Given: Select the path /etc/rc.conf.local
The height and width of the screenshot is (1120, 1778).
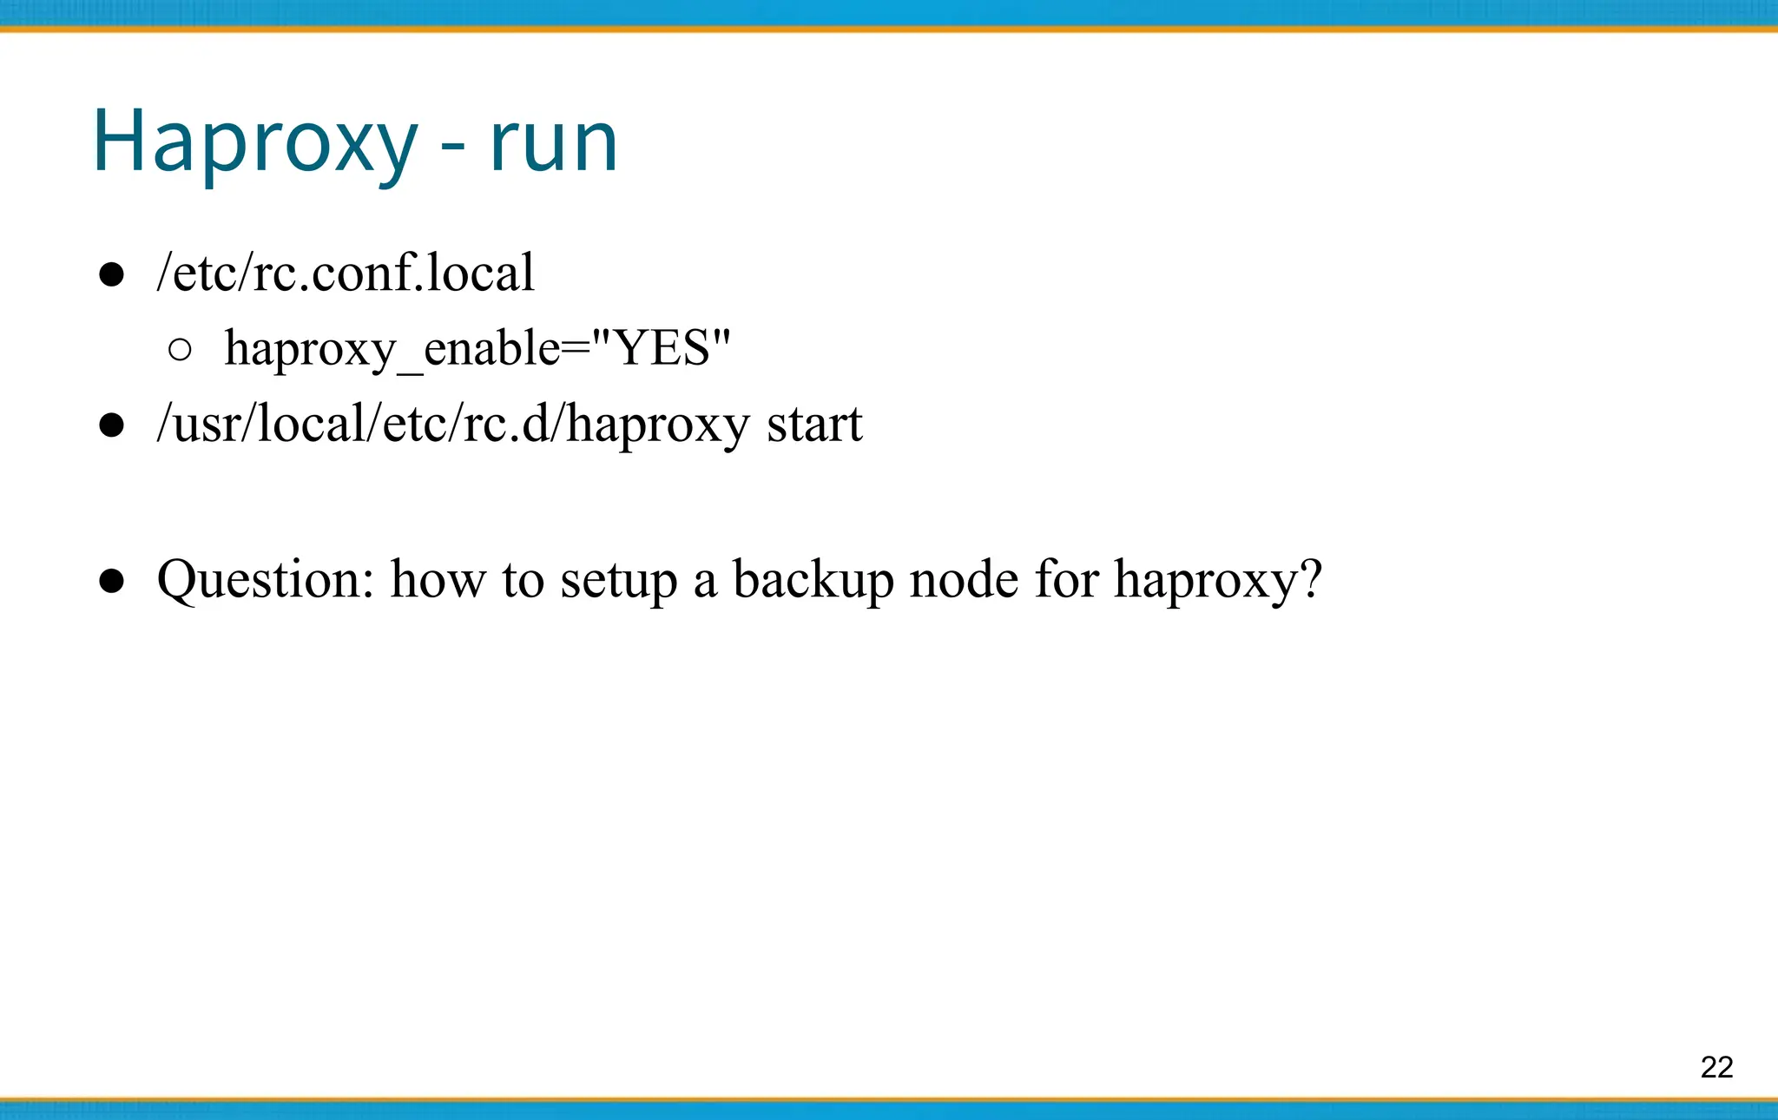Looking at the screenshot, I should [x=346, y=273].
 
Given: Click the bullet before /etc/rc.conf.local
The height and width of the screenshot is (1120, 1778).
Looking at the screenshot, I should [x=111, y=275].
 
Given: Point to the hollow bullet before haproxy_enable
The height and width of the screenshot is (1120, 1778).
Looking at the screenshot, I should [x=179, y=350].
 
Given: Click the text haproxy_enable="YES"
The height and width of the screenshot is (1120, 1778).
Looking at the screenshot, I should [x=477, y=349].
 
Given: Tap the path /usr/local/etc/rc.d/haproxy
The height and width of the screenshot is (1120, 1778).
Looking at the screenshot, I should [x=452, y=425].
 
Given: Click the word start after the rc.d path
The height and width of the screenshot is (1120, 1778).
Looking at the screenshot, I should [x=814, y=425].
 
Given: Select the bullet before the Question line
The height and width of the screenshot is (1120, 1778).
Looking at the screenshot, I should [x=111, y=581].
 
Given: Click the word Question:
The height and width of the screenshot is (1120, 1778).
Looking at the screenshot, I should [x=266, y=579].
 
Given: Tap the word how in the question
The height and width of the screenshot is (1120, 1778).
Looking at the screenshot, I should [x=438, y=579].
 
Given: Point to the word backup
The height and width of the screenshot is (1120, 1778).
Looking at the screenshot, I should [x=813, y=579].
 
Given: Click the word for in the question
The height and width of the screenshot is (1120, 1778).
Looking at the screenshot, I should [x=1065, y=579].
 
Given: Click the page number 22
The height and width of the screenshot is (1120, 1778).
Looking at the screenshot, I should [x=1716, y=1067].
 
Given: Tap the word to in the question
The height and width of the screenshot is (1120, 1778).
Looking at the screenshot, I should [x=523, y=579].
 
